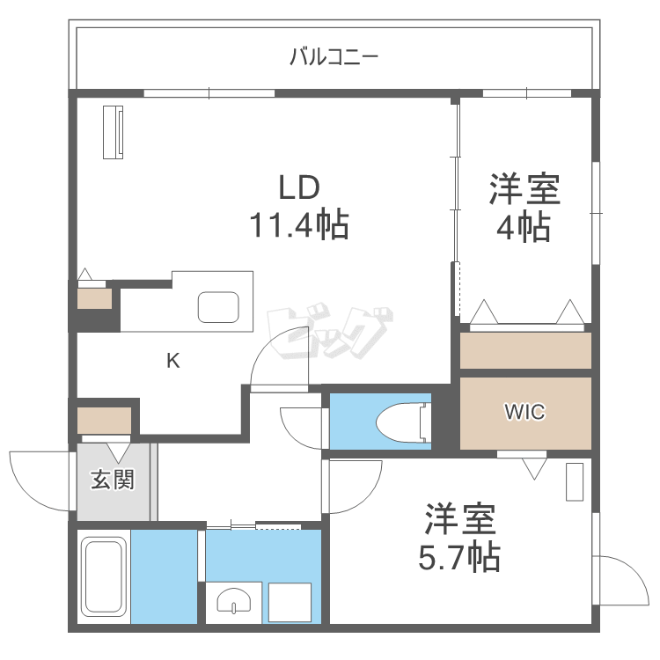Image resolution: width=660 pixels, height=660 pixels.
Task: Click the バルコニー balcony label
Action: pyautogui.click(x=334, y=59)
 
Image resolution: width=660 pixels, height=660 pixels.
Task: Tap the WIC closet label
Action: pyautogui.click(x=524, y=412)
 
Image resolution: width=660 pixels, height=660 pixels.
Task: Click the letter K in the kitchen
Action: pyautogui.click(x=173, y=360)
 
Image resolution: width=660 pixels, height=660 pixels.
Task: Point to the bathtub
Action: pyautogui.click(x=104, y=576)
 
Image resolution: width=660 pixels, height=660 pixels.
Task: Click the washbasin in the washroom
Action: pyautogui.click(x=234, y=603)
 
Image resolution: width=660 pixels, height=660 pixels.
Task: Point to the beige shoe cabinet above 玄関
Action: pyautogui.click(x=104, y=420)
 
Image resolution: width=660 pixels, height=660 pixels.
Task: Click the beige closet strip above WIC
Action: pyautogui.click(x=525, y=350)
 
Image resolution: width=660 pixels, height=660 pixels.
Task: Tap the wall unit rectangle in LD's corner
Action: pyautogui.click(x=114, y=132)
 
